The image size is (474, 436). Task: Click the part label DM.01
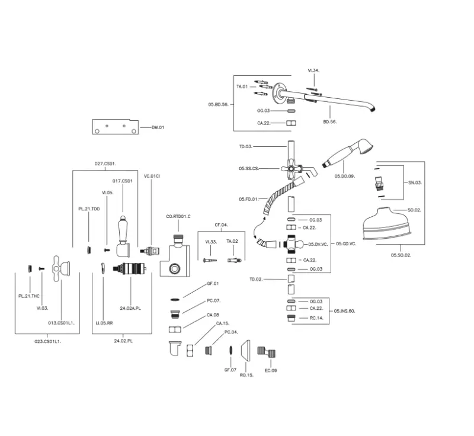(x=158, y=127)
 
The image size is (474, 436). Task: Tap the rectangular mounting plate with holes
(x=115, y=127)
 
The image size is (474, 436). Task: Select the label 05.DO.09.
(x=344, y=176)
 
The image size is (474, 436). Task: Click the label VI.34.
(x=313, y=71)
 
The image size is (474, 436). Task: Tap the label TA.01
(x=242, y=87)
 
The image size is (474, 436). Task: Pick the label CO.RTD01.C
(x=178, y=217)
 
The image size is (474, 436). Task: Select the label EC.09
(x=271, y=370)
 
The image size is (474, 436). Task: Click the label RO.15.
(x=246, y=376)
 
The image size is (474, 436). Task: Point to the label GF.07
(x=230, y=370)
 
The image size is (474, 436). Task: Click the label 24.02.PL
(x=123, y=342)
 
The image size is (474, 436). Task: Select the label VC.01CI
(x=152, y=176)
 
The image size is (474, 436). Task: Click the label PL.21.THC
(x=28, y=295)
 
